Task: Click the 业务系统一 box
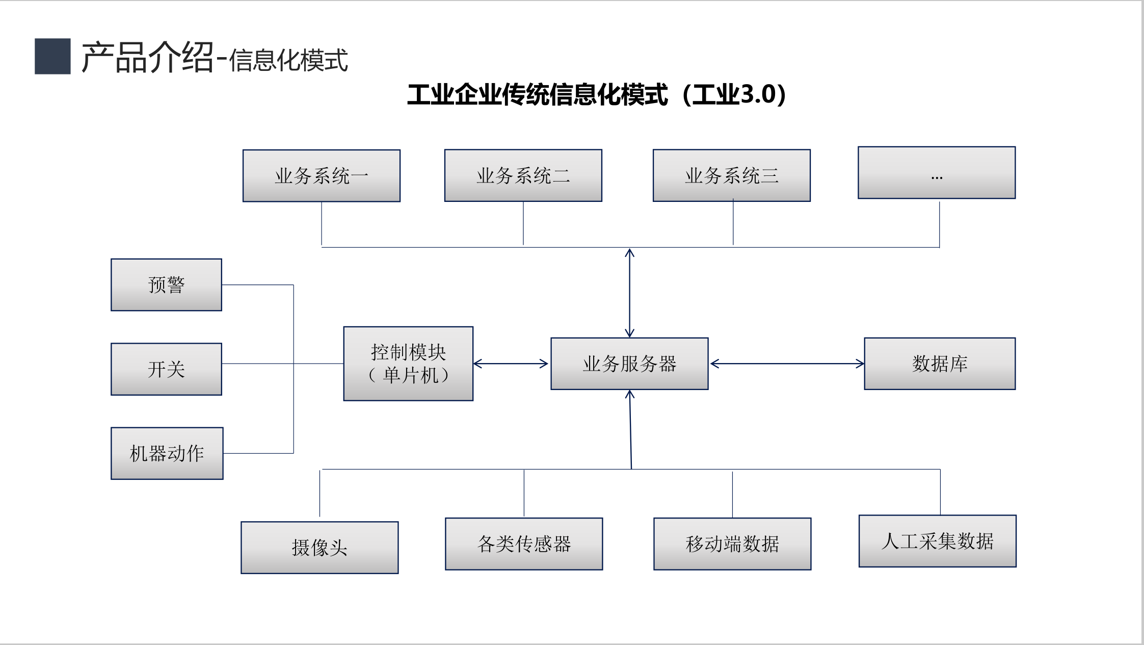[x=322, y=175]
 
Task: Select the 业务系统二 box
[x=523, y=175]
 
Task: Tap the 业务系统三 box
[x=731, y=175]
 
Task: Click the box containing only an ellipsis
[x=937, y=173]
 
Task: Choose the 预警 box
[x=166, y=285]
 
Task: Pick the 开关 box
[x=166, y=369]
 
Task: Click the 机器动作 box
[x=167, y=453]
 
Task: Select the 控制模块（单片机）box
[x=408, y=364]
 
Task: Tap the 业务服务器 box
[x=629, y=364]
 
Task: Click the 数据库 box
[x=940, y=364]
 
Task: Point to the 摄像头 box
[x=320, y=548]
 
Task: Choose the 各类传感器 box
[x=524, y=544]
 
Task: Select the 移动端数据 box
[x=732, y=544]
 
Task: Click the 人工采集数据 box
[x=937, y=541]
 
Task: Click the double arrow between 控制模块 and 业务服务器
[x=511, y=364]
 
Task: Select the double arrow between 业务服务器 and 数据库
[x=787, y=364]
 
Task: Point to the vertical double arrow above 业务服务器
[x=629, y=293]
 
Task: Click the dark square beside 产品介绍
[x=52, y=56]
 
